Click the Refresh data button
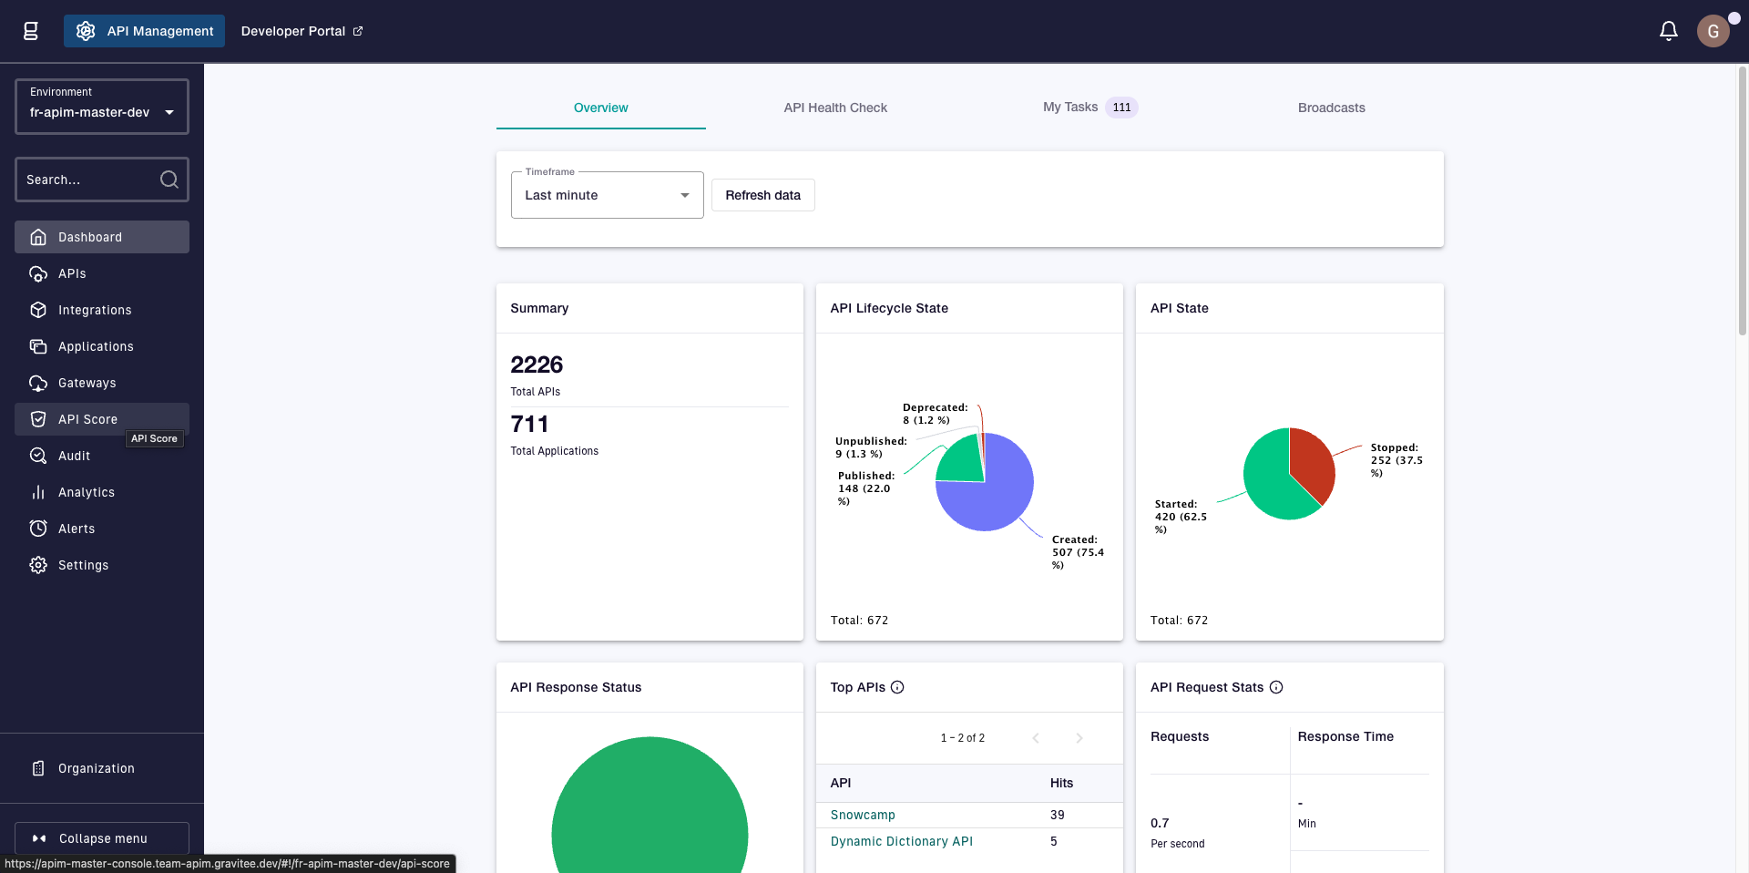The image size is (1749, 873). (x=762, y=195)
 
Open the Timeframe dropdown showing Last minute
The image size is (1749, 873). (x=607, y=195)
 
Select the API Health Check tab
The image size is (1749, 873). (x=835, y=108)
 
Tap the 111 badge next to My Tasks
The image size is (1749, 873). (x=1121, y=108)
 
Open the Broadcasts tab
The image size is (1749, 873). (x=1331, y=108)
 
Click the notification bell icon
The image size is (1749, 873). (x=1668, y=31)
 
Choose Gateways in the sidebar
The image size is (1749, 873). (x=87, y=383)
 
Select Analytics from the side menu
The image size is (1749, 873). (x=87, y=492)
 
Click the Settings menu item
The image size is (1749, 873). (x=83, y=565)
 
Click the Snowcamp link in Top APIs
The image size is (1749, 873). (x=863, y=815)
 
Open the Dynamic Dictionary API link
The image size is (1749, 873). (x=901, y=841)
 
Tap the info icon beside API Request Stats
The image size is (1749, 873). (x=1276, y=687)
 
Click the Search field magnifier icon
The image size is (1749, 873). (x=169, y=180)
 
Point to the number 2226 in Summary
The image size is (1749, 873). (x=537, y=365)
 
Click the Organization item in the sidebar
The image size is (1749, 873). (x=96, y=768)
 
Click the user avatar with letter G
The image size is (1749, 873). (x=1713, y=31)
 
